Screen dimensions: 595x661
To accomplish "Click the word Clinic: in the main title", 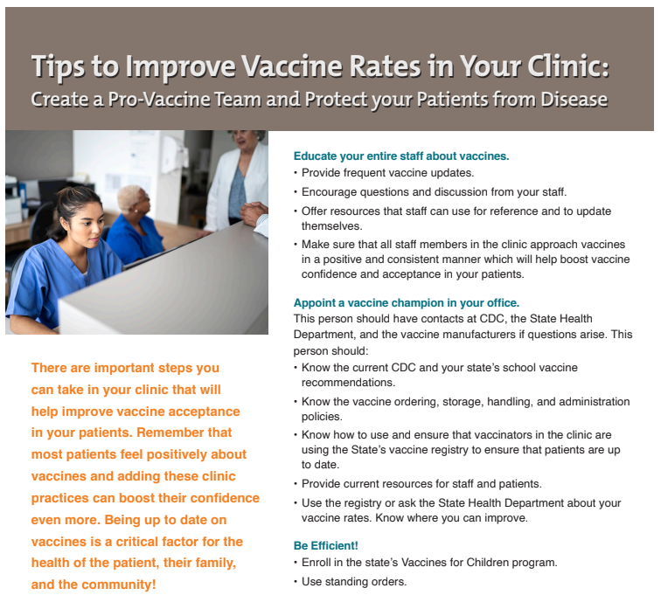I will click(x=560, y=66).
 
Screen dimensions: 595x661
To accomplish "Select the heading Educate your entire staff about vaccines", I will click(x=400, y=156).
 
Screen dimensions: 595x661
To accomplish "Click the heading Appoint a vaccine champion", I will click(x=407, y=303).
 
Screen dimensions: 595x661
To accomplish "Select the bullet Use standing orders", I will click(x=353, y=581).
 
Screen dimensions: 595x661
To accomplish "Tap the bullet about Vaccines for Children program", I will click(x=428, y=563).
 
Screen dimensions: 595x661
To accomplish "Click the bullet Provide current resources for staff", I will click(x=421, y=484).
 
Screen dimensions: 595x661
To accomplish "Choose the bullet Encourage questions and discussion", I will click(x=434, y=191).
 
